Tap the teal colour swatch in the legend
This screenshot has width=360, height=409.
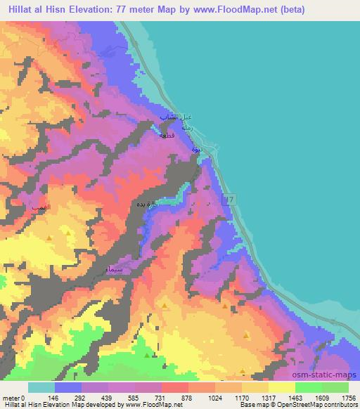click(41, 387)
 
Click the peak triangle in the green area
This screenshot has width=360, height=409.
click(146, 356)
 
